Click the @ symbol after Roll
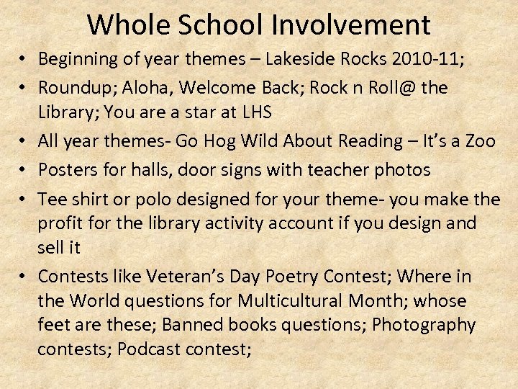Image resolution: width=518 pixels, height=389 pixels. coord(410,88)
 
